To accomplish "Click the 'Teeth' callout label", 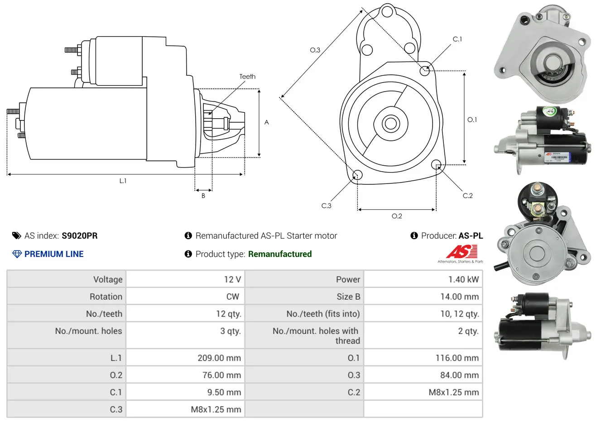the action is (247, 77).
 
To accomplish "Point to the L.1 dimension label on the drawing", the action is (123, 181).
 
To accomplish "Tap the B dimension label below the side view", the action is (203, 196).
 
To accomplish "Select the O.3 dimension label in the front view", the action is (315, 50).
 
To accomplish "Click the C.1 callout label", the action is (457, 39).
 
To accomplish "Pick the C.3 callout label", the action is (326, 206).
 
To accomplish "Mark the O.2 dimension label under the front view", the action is (397, 216).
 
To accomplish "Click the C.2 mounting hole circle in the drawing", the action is (436, 164).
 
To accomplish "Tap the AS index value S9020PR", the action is (80, 236).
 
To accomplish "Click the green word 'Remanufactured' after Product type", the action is (280, 254).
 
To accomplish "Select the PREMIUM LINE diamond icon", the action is (17, 254).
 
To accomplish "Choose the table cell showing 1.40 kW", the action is (423, 279).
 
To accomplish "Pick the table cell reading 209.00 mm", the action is (185, 357).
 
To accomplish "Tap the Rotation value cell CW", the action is (185, 296).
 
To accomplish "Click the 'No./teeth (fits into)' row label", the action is (323, 313).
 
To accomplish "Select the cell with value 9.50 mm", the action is (185, 392).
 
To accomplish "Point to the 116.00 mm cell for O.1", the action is (423, 357).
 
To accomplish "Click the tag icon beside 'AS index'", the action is (16, 236).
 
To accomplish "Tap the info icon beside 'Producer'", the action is (414, 236).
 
